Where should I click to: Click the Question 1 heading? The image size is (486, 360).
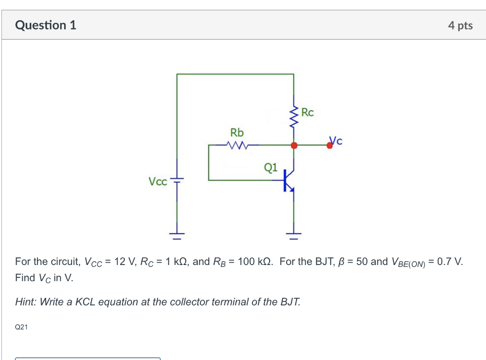click(x=46, y=25)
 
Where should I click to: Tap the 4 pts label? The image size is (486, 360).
click(x=460, y=26)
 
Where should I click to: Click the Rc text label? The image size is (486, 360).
click(x=308, y=113)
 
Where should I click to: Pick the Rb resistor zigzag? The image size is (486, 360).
click(x=236, y=145)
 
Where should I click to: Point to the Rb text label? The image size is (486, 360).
click(x=237, y=132)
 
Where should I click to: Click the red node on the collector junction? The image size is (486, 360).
click(x=294, y=145)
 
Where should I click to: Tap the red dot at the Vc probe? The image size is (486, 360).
click(x=330, y=146)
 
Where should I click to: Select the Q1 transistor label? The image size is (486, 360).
click(x=271, y=167)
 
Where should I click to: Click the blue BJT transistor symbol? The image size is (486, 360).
click(x=289, y=180)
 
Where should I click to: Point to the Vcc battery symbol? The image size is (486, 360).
click(x=177, y=180)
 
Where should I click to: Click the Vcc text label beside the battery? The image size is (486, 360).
click(x=158, y=181)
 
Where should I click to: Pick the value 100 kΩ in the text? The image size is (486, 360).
click(x=256, y=262)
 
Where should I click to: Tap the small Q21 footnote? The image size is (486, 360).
click(x=21, y=327)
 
